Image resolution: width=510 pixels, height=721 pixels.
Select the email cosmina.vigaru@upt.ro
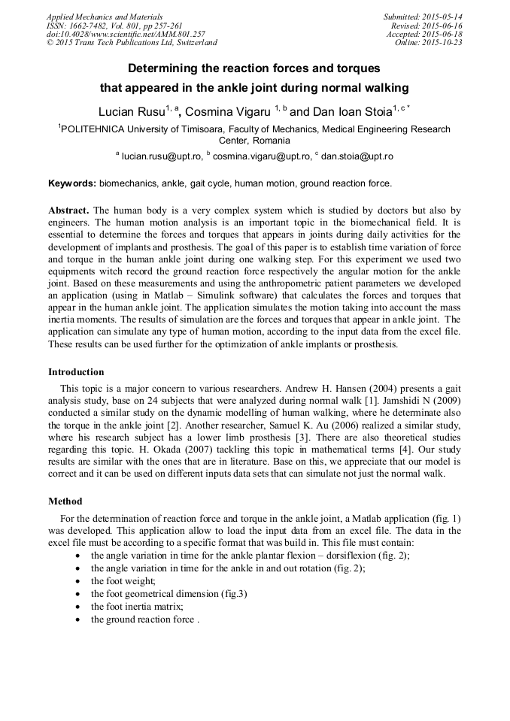262,156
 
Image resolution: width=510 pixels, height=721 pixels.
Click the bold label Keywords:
72,183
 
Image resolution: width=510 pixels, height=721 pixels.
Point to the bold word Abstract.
69,211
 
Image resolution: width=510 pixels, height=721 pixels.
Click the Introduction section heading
76,372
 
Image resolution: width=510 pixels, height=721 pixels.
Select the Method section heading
65,501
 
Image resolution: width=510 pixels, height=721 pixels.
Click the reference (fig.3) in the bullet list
233,593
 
